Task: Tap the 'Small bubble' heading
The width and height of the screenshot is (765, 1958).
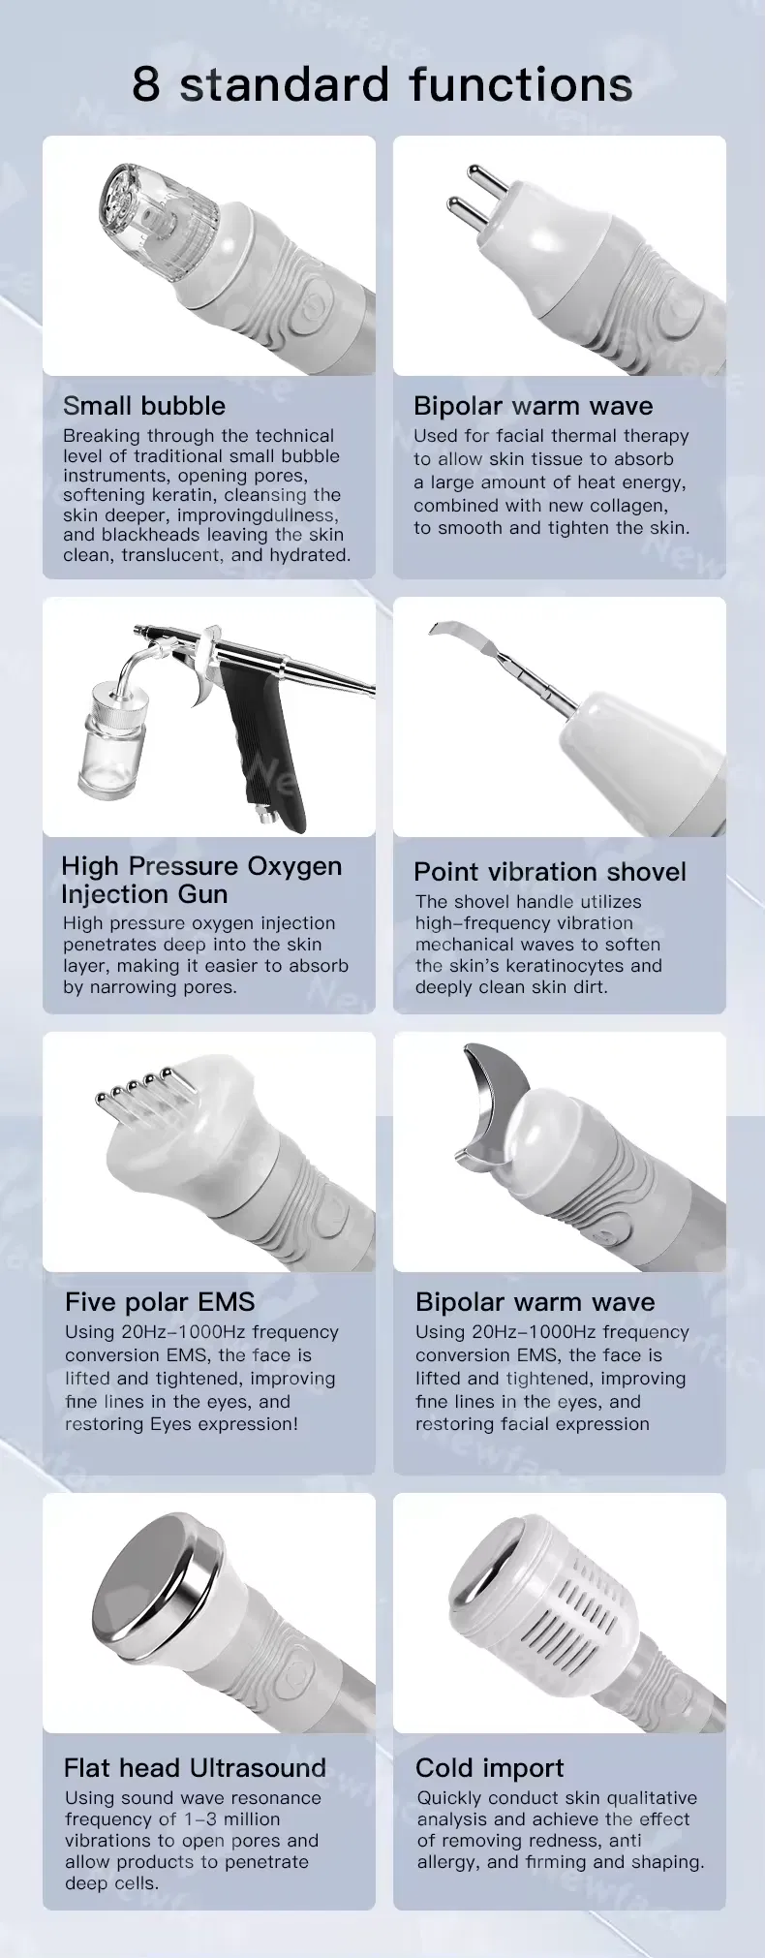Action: [x=144, y=406]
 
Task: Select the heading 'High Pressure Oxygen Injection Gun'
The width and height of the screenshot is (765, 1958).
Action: [x=201, y=880]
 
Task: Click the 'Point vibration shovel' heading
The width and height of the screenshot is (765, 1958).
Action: [x=550, y=872]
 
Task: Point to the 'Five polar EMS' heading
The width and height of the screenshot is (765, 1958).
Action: [x=160, y=1302]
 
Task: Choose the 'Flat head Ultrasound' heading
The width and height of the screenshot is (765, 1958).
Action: [x=195, y=1767]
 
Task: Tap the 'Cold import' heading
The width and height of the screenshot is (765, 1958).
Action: [x=489, y=1768]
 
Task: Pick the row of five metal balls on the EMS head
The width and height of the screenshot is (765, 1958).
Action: [x=137, y=1086]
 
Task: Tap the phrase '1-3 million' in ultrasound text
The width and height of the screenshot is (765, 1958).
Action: [x=232, y=1819]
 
